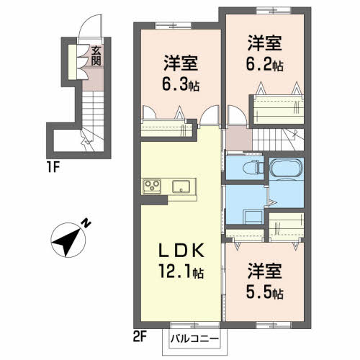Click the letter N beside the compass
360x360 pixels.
[86, 224]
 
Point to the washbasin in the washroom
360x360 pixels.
[252, 215]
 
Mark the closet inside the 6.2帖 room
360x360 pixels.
[276, 112]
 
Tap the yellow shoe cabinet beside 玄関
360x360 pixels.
[74, 61]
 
